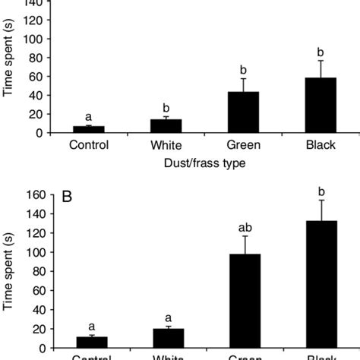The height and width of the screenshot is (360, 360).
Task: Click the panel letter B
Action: click(67, 197)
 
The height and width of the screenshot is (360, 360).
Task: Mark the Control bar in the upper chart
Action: click(89, 129)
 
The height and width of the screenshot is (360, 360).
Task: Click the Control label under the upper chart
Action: click(89, 144)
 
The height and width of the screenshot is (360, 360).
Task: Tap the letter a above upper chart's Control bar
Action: click(89, 117)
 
